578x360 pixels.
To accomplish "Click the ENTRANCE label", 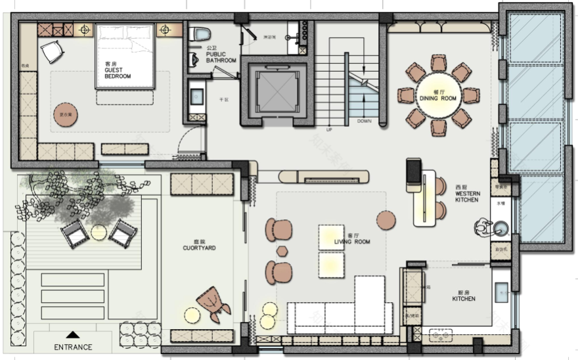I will click(73, 347).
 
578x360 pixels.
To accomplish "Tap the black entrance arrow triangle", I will click(73, 334).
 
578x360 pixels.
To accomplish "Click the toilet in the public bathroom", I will click(202, 34).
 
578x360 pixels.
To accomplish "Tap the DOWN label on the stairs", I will click(364, 122).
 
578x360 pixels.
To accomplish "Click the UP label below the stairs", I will click(329, 130).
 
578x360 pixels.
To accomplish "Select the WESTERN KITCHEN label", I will click(467, 194).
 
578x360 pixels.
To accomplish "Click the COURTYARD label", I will click(200, 248).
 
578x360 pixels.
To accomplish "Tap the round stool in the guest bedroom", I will click(65, 114).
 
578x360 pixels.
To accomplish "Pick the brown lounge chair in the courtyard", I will click(213, 302).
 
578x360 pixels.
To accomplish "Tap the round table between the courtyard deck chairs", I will click(99, 233).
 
